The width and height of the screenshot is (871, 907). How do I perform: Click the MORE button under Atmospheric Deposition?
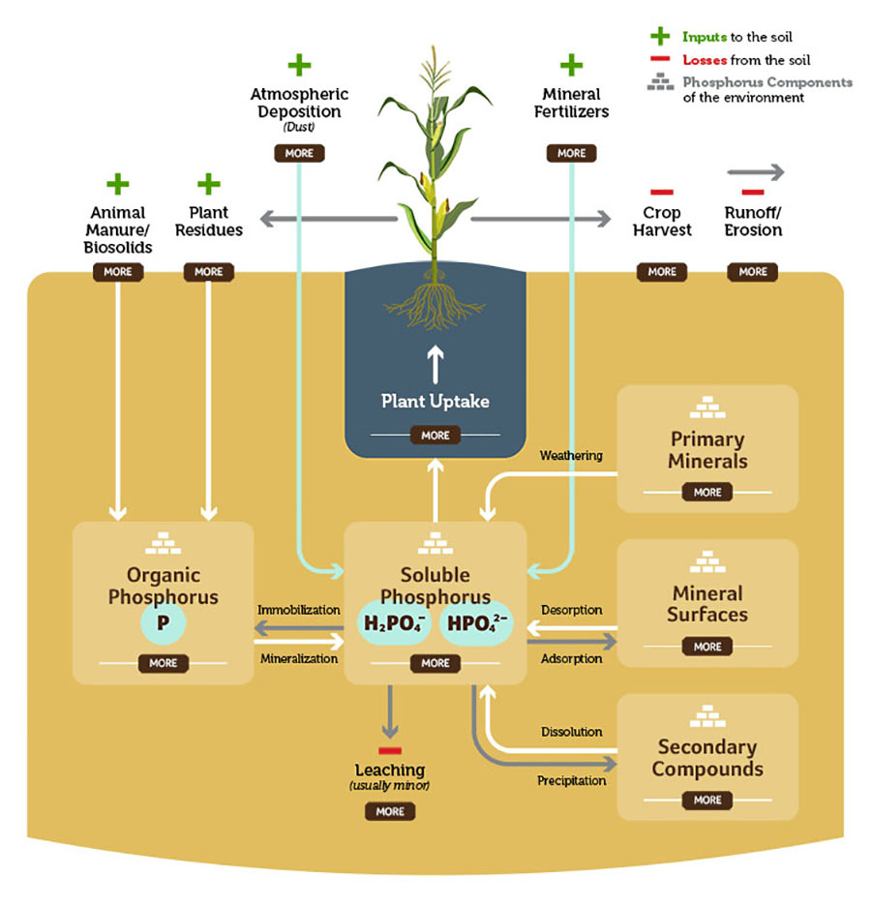pos(299,153)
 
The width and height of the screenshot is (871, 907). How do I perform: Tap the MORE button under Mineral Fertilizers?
pos(571,153)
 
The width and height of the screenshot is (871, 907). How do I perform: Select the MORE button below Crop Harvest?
pos(662,272)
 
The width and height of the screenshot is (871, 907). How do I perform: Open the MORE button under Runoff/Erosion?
pos(753,272)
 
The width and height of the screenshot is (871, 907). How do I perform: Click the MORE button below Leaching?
pos(390,811)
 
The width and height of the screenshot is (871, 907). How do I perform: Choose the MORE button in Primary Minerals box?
pos(707,493)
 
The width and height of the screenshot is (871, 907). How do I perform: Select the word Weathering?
pos(571,455)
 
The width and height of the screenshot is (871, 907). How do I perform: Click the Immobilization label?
pos(299,610)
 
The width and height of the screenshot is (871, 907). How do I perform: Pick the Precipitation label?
pos(572,780)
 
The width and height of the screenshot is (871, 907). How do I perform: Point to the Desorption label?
pos(572,610)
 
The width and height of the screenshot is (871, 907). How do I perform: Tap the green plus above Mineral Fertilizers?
pos(571,66)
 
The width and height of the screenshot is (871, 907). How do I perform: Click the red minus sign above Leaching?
pos(390,750)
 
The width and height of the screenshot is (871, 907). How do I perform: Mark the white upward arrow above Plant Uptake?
pos(435,363)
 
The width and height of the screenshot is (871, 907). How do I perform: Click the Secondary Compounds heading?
pos(707,758)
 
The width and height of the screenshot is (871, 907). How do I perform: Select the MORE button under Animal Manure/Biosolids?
pos(118,272)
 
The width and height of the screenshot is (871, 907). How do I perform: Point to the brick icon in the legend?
pos(661,83)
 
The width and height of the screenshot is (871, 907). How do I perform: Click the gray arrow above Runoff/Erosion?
pos(756,172)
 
